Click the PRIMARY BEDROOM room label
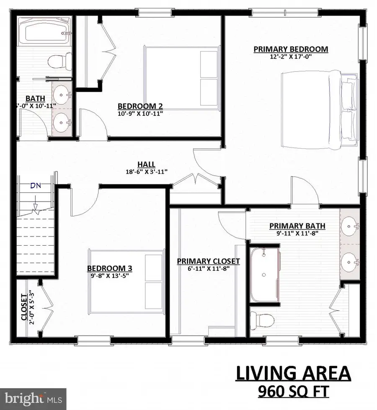291,49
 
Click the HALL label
146,164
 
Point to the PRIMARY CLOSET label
208,261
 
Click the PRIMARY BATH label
297,226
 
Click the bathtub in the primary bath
265,275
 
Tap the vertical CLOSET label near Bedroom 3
24,307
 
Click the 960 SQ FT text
292,392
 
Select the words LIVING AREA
292,373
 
